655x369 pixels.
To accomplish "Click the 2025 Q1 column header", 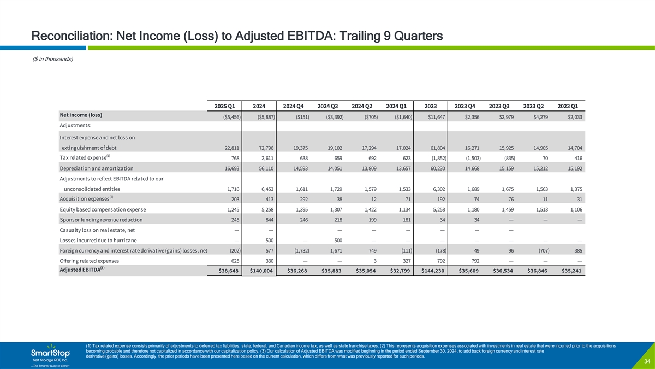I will click(x=226, y=106).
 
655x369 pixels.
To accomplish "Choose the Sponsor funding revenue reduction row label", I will click(x=102, y=220).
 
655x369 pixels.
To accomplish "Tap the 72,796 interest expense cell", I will click(x=264, y=148).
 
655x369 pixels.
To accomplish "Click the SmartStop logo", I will click(x=50, y=354).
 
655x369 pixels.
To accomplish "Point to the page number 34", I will click(x=646, y=361).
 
